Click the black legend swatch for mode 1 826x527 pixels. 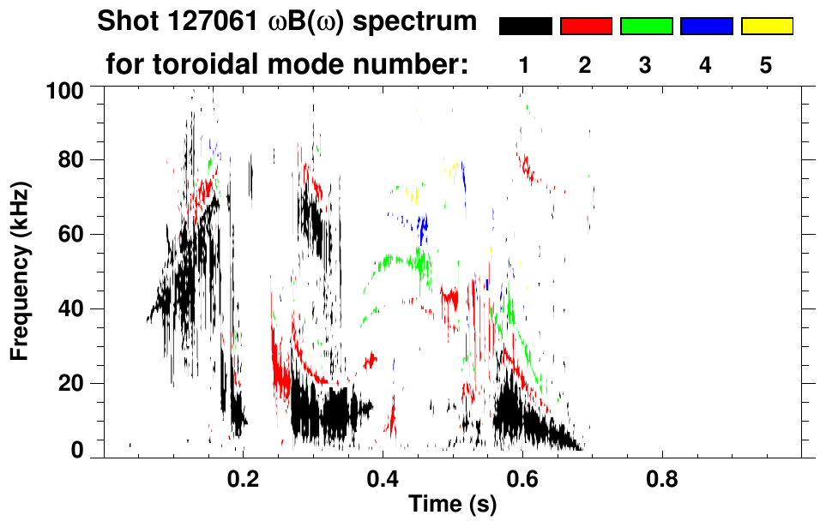[x=525, y=27]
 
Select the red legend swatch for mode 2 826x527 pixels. [x=586, y=27]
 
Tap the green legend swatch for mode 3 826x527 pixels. [x=646, y=27]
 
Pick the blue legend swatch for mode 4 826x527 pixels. [x=706, y=27]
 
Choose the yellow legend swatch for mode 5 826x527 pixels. [x=767, y=27]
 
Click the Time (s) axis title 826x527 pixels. [x=451, y=506]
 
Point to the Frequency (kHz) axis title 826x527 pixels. [x=21, y=270]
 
